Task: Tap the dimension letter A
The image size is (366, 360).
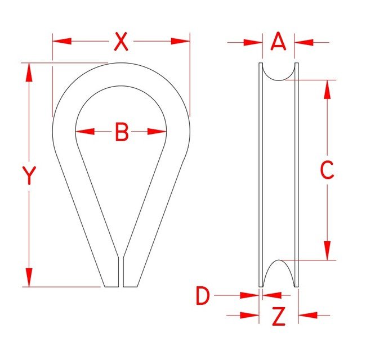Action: coord(279,41)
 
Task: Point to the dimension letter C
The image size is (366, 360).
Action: coord(327,170)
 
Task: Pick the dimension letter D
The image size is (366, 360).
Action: coord(203,296)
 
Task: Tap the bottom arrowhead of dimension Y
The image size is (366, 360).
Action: coord(29,278)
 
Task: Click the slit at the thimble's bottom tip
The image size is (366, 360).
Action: coord(121,273)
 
